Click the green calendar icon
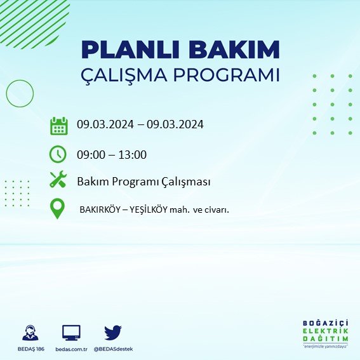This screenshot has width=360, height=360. click(x=58, y=126)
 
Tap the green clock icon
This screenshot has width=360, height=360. click(x=58, y=154)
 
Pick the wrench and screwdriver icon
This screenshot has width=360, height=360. click(x=58, y=181)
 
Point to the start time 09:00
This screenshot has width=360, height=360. click(x=90, y=154)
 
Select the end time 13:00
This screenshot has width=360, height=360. click(x=133, y=154)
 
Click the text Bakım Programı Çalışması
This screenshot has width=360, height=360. click(x=143, y=182)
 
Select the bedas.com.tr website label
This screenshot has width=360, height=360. click(x=71, y=349)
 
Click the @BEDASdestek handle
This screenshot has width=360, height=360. click(x=113, y=349)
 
